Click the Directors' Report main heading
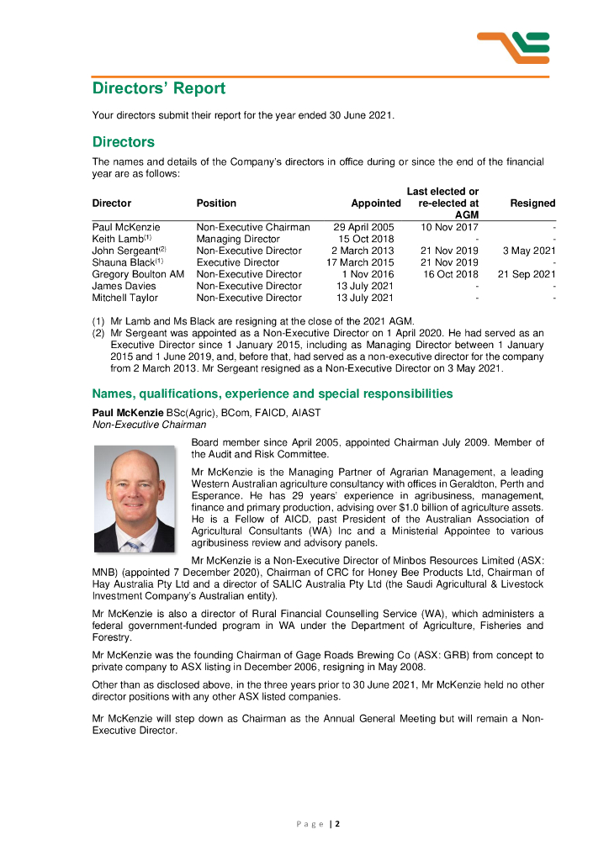[159, 88]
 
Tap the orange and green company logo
[512, 47]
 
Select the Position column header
[216, 203]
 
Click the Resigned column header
[532, 203]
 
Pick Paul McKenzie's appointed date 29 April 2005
[363, 227]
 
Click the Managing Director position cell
[238, 239]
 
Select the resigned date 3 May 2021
[529, 251]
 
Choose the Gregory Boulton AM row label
[138, 274]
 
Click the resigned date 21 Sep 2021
[527, 274]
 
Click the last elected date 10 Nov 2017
[449, 227]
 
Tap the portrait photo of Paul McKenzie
[134, 498]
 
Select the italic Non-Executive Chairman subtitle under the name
[149, 425]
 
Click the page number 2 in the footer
[337, 824]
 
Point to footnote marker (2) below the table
[98, 333]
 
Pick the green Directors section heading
[124, 142]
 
